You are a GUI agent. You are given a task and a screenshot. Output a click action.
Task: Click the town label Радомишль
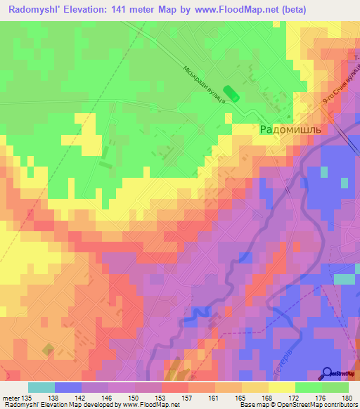click(x=290, y=130)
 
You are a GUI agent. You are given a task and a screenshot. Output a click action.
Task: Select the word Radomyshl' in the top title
click(x=33, y=9)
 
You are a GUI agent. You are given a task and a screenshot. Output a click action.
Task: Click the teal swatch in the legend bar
click(x=41, y=387)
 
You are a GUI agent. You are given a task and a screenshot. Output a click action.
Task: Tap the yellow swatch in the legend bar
click(x=281, y=387)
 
